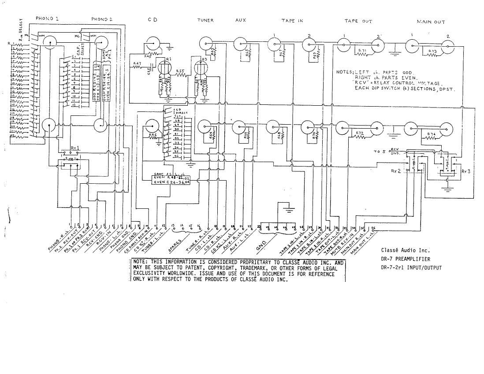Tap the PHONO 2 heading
click(x=102, y=19)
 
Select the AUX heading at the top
click(x=241, y=20)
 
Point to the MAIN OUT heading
click(x=431, y=22)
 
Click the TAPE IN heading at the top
click(x=292, y=21)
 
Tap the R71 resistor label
click(x=362, y=51)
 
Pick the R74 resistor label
click(x=432, y=133)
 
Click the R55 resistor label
click(x=180, y=71)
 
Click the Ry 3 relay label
click(x=465, y=171)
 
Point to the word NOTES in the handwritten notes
click(x=345, y=72)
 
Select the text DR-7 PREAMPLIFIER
click(x=406, y=259)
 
